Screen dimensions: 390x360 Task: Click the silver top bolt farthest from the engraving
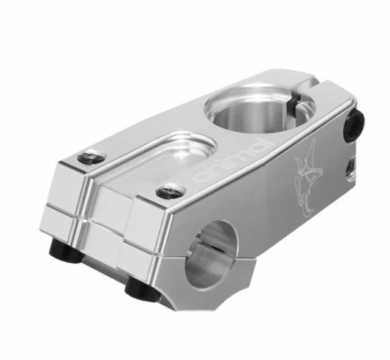pos(92,157)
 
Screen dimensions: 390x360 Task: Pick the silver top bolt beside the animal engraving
pos(170,191)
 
